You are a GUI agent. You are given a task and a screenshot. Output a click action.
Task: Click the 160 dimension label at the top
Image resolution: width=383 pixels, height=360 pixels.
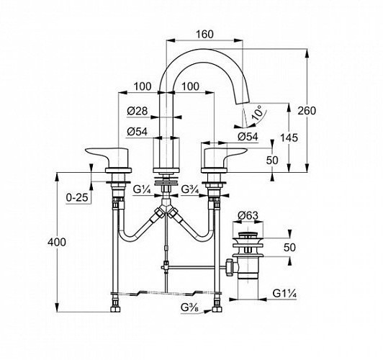pyautogui.click(x=204, y=35)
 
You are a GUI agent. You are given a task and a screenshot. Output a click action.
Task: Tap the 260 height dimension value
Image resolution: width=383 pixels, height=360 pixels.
pyautogui.click(x=307, y=111)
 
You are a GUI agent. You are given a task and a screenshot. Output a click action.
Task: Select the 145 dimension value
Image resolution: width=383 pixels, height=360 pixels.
pyautogui.click(x=289, y=138)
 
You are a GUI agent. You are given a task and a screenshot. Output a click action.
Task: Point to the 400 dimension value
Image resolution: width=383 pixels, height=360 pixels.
pyautogui.click(x=57, y=242)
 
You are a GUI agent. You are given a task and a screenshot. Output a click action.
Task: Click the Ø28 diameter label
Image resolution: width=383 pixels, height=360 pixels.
pyautogui.click(x=138, y=111)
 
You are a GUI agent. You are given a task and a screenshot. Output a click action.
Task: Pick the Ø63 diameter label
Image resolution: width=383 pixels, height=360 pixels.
pyautogui.click(x=248, y=215)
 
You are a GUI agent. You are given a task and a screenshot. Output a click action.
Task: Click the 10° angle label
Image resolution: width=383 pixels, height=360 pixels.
pyautogui.click(x=258, y=112)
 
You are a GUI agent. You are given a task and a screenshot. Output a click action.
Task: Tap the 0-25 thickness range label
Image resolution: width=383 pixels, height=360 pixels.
pyautogui.click(x=77, y=197)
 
